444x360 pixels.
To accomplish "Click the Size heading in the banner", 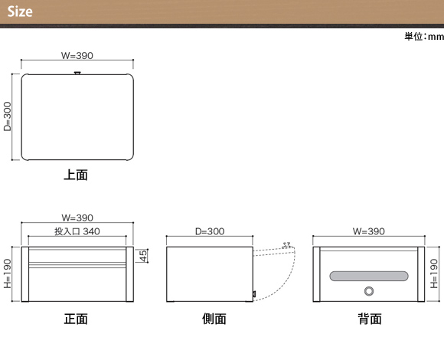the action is [20, 11].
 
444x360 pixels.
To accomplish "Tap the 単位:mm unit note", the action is [424, 36].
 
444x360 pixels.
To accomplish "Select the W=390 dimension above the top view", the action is [77, 55].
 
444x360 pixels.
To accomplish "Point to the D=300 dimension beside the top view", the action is [8, 116].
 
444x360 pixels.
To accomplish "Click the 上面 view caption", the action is [76, 175].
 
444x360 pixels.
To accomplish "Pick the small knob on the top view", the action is [77, 73].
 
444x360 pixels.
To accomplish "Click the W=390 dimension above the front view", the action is [77, 218].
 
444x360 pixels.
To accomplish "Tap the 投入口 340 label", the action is [77, 231].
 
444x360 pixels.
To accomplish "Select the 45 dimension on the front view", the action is [143, 256].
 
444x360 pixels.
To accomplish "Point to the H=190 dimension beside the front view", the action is [8, 273].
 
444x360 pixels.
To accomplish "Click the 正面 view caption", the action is [76, 319].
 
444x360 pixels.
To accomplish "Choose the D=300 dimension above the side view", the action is [210, 231].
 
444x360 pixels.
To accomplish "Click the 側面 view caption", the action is [214, 319].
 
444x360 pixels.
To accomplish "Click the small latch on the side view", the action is [254, 294].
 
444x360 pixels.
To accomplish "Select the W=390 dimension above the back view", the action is [369, 231].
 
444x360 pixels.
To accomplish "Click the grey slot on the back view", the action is [369, 277].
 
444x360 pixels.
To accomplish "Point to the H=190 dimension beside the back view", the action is [434, 273].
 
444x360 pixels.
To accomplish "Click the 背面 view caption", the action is [370, 319].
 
